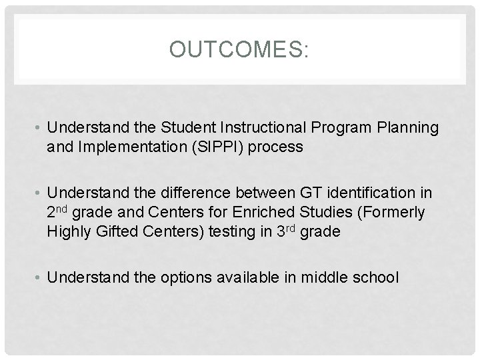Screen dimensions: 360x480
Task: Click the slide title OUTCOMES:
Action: tap(239, 49)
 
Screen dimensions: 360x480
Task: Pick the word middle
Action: tap(321, 277)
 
